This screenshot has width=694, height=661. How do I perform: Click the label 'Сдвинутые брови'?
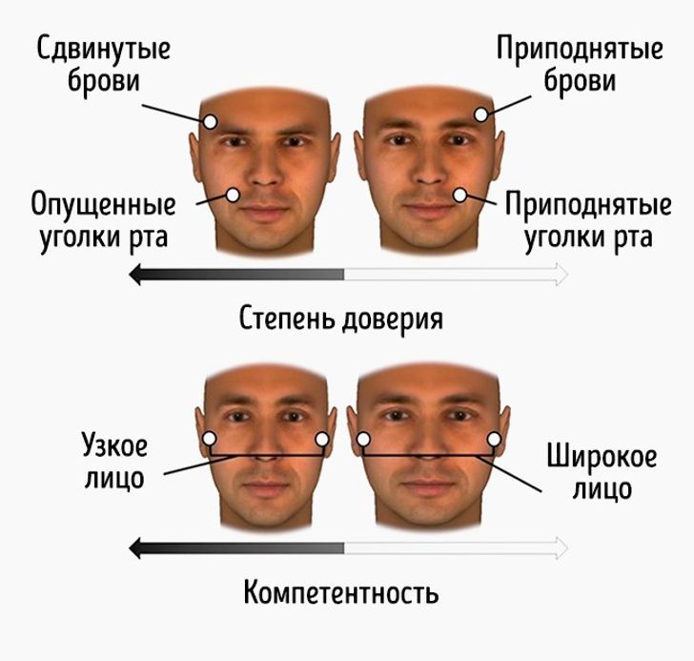coord(103,65)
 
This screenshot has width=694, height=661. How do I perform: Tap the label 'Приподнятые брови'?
coord(580,65)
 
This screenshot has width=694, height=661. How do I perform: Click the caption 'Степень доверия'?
coord(341,319)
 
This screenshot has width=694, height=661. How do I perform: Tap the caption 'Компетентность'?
coord(341,592)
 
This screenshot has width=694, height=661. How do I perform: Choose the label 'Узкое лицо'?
coord(114,462)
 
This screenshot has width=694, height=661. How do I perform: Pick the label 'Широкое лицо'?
coord(602,472)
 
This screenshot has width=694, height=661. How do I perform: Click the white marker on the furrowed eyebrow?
coord(211,121)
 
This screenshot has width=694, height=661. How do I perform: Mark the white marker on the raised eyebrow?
coord(481,114)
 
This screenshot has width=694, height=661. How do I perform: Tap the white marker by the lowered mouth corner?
coord(233,195)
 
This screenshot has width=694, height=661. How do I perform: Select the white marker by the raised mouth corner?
coord(460,195)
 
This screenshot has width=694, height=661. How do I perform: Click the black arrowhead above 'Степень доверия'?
coord(135,274)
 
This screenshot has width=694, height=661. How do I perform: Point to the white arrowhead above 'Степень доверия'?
coord(561,274)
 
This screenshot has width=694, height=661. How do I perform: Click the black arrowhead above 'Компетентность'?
coord(135,548)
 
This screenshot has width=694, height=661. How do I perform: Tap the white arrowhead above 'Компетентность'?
coord(561,548)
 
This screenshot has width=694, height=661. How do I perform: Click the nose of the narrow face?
coord(266,451)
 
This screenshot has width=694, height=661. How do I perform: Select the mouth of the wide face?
coord(426,487)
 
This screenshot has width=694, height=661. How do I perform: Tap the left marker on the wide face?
coord(363,439)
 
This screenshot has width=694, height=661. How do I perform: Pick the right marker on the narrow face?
coord(322,439)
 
